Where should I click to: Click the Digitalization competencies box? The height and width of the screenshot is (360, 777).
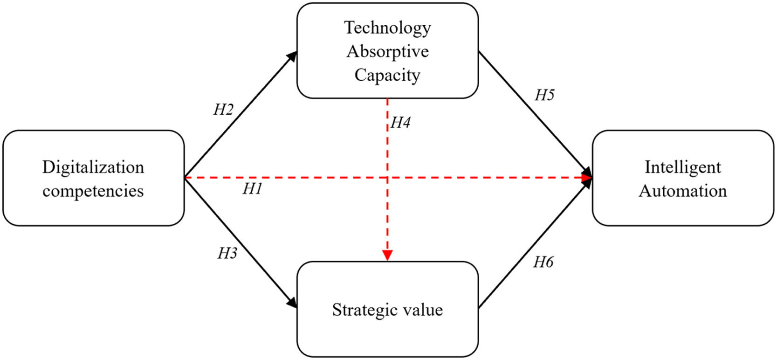click(x=93, y=205)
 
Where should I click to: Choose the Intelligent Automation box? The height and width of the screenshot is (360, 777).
click(x=683, y=210)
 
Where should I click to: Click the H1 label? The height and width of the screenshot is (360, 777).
click(x=252, y=189)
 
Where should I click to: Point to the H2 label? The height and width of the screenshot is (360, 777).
click(x=223, y=110)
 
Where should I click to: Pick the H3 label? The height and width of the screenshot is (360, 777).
click(x=227, y=253)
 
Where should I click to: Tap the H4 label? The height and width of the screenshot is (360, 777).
click(x=400, y=123)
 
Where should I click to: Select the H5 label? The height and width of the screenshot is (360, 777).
click(x=544, y=95)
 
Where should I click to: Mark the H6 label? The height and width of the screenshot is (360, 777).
click(x=543, y=263)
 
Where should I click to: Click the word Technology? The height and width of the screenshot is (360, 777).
click(x=387, y=28)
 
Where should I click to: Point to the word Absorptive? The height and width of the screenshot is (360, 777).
click(x=387, y=51)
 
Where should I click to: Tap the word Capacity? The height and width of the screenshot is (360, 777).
click(x=387, y=75)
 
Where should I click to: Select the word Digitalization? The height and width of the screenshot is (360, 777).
click(x=93, y=167)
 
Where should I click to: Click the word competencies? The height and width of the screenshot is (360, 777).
click(x=93, y=191)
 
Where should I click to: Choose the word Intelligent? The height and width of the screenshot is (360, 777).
click(x=683, y=167)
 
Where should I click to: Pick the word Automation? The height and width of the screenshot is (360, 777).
click(x=683, y=191)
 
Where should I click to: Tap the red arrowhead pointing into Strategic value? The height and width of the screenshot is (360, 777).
click(x=387, y=255)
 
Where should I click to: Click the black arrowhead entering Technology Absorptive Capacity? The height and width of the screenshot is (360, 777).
click(x=292, y=56)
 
